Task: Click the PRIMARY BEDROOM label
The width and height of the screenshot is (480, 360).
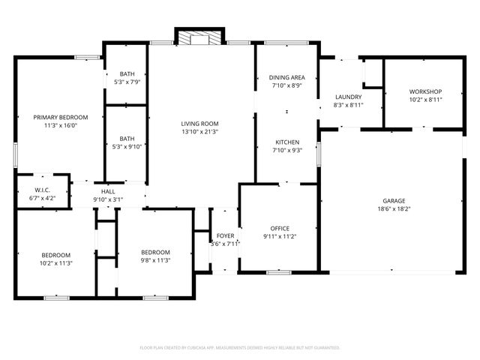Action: [61, 117]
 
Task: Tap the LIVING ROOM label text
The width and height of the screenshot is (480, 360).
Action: [199, 124]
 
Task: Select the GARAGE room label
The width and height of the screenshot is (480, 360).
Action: [394, 200]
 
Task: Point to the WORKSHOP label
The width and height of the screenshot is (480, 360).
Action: [425, 91]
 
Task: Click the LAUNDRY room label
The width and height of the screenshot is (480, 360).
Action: [348, 97]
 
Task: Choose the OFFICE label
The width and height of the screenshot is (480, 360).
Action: [280, 228]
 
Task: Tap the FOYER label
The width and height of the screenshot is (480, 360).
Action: [225, 235]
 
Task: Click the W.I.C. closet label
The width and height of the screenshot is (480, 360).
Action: [42, 190]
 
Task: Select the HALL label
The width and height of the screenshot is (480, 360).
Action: [109, 191]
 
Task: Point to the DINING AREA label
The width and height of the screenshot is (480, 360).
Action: [287, 77]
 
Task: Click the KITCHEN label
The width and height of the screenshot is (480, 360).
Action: [287, 142]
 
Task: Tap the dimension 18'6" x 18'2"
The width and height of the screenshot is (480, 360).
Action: [394, 208]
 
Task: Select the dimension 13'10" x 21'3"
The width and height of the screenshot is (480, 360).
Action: [199, 132]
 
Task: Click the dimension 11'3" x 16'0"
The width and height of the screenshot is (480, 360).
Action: [61, 126]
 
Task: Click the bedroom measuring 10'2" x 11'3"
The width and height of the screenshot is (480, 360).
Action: [56, 259]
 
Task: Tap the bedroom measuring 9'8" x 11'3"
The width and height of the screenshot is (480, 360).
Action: [156, 256]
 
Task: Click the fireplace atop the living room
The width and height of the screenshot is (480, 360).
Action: [199, 37]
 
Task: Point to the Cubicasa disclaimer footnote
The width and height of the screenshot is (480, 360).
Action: [240, 348]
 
